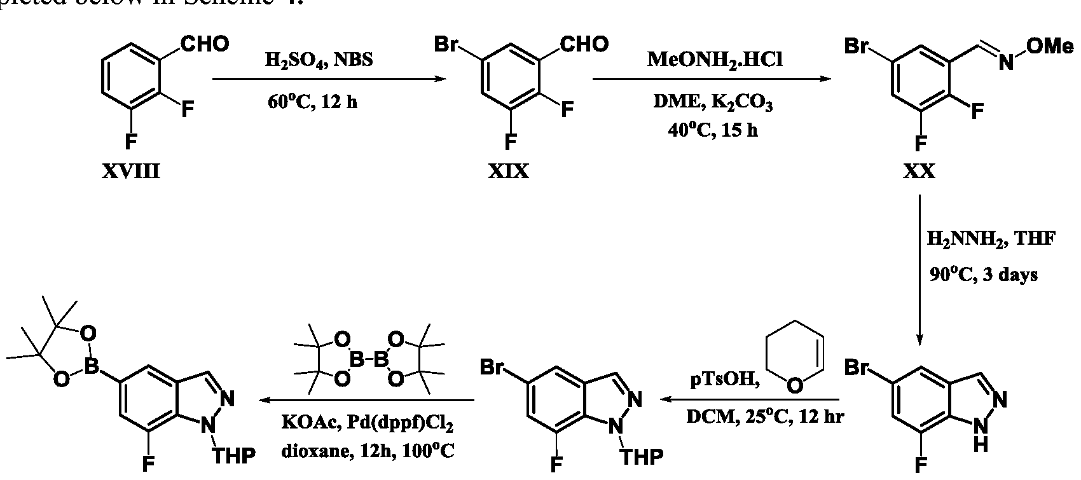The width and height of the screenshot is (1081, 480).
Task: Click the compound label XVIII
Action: pos(132,172)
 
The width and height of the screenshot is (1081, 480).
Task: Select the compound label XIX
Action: pos(509,172)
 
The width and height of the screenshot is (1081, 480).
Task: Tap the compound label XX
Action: pos(919,172)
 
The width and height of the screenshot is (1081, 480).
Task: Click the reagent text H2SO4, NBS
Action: pos(319,61)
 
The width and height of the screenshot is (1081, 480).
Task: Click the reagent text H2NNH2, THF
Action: pos(991,240)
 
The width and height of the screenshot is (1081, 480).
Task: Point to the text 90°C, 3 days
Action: pos(984,275)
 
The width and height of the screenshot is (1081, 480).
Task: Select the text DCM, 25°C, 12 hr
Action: pos(764,418)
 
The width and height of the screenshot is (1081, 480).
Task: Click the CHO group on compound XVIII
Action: pos(205,45)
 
